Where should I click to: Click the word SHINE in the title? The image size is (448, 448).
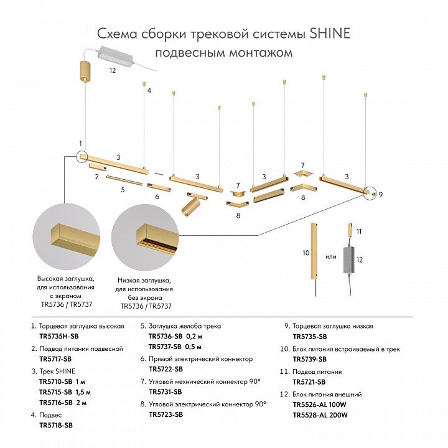point(329,33)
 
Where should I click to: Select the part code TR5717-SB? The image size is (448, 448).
point(55,359)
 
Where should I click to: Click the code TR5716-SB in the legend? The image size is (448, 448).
point(55,403)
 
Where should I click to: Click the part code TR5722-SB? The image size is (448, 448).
point(166,369)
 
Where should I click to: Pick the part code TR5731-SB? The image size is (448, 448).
point(166,391)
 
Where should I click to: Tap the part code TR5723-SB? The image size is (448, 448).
point(166,414)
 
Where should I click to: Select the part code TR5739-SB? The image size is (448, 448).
point(309,359)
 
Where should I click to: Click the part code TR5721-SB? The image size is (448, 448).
point(309,381)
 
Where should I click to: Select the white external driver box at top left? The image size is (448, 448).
point(115,57)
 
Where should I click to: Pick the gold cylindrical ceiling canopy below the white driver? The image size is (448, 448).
point(85,71)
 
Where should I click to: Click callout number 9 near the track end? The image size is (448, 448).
point(380,195)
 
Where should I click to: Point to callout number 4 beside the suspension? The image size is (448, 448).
point(149,91)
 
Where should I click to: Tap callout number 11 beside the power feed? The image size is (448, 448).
point(359,231)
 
